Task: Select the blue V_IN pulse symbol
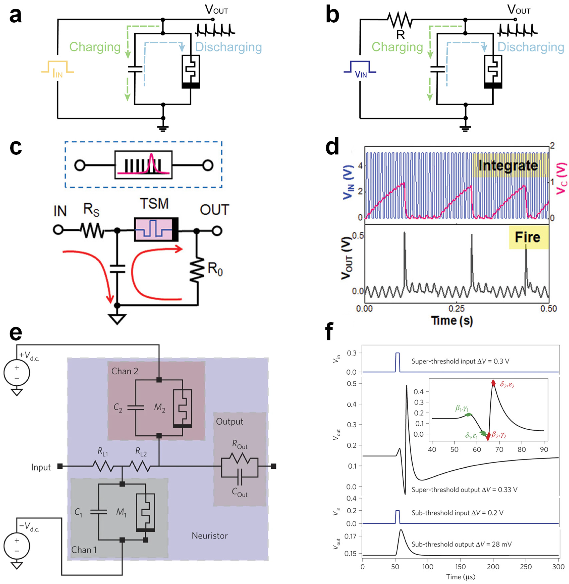click(360, 67)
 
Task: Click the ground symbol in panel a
click(163, 128)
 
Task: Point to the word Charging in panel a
click(95, 47)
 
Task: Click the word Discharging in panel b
click(531, 47)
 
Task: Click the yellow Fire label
click(528, 237)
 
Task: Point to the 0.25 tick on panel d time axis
click(457, 308)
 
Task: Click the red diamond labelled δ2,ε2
click(493, 383)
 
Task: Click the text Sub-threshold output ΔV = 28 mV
click(461, 544)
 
